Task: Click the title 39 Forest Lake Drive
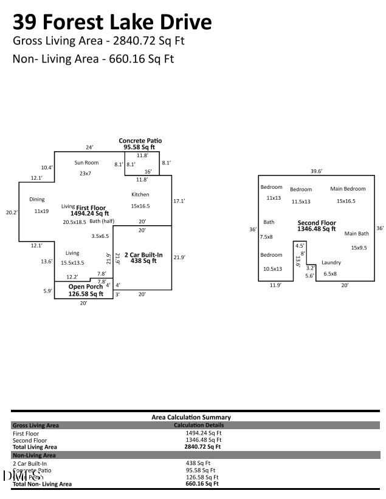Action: (x=112, y=22)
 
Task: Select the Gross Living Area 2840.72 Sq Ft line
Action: (x=98, y=41)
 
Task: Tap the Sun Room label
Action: (x=86, y=163)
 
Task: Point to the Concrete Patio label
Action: (x=140, y=141)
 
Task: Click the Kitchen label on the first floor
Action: (x=140, y=195)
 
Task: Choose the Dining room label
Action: (x=36, y=200)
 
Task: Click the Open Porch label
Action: (x=85, y=287)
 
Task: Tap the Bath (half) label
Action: (x=102, y=221)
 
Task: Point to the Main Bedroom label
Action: (x=348, y=189)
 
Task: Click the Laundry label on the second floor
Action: (x=331, y=263)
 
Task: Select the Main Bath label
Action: (x=356, y=234)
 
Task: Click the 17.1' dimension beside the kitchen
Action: (x=179, y=201)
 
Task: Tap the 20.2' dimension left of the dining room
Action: (x=12, y=212)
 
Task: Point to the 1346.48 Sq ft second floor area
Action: (x=316, y=229)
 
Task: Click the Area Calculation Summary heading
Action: (x=191, y=417)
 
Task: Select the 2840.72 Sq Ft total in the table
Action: (x=202, y=447)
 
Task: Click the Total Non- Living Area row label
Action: (x=42, y=484)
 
